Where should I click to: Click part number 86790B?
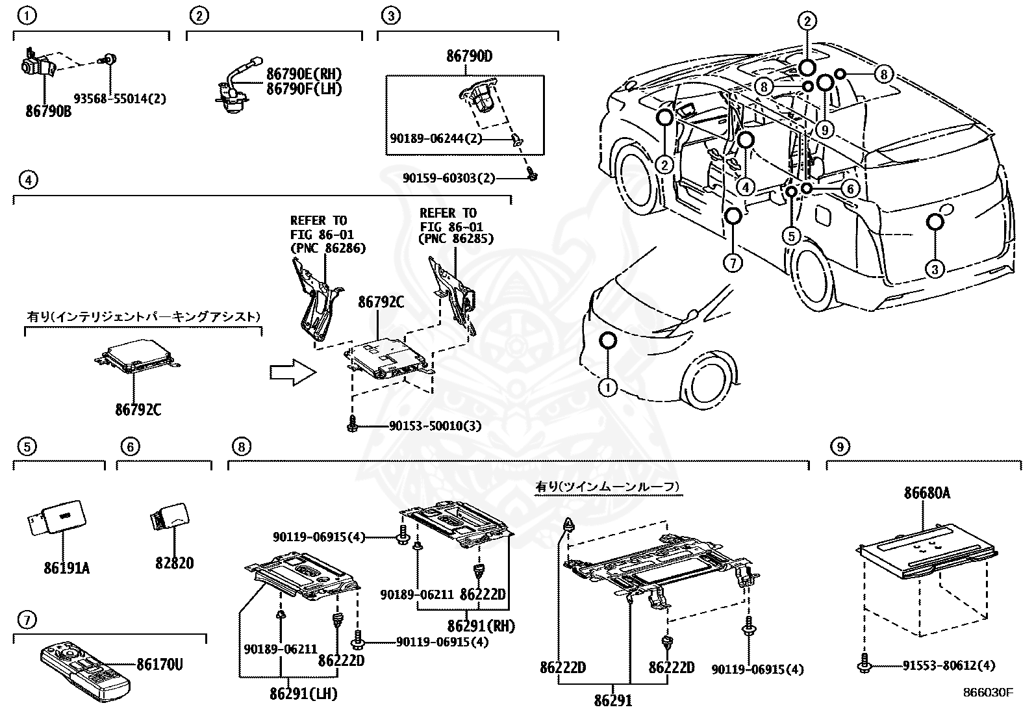[49, 111]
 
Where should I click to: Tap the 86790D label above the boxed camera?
[469, 57]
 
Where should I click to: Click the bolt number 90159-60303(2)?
[448, 177]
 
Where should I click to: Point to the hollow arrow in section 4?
[292, 372]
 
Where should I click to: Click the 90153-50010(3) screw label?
[435, 426]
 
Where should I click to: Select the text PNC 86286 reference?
[328, 248]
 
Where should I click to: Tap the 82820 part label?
[174, 563]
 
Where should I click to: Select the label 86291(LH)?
[304, 695]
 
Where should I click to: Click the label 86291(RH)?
[481, 626]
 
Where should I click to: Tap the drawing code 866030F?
[988, 692]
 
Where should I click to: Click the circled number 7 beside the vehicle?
[732, 263]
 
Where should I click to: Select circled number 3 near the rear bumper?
[935, 268]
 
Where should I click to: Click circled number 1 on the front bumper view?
[607, 389]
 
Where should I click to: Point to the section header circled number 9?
[839, 446]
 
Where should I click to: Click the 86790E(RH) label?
[304, 75]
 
